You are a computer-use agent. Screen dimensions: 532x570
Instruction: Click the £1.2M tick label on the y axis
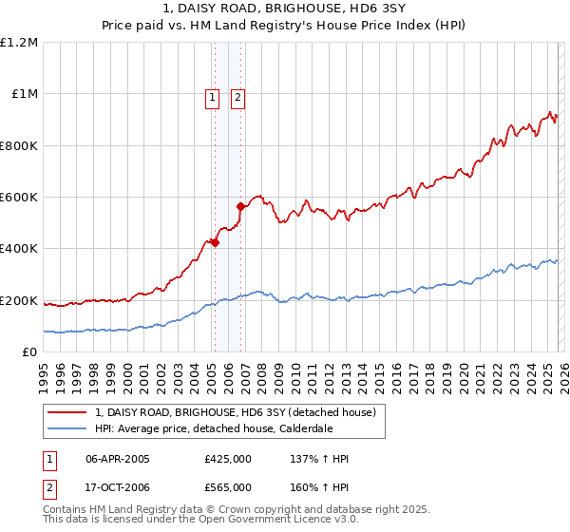coord(19,43)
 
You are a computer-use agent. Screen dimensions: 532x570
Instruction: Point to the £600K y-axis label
coord(19,198)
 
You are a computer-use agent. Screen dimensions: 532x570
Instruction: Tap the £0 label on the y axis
coord(28,352)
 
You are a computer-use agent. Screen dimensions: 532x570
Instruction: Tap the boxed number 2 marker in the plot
coord(237,97)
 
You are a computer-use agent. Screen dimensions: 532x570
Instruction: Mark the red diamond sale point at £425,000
coord(215,242)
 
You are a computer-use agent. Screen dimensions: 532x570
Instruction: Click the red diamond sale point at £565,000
coord(240,206)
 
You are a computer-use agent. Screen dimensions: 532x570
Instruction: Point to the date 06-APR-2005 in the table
coord(118,459)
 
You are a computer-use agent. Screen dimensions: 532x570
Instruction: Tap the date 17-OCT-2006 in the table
coord(118,487)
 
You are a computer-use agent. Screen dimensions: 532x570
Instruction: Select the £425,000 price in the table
coord(227,459)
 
